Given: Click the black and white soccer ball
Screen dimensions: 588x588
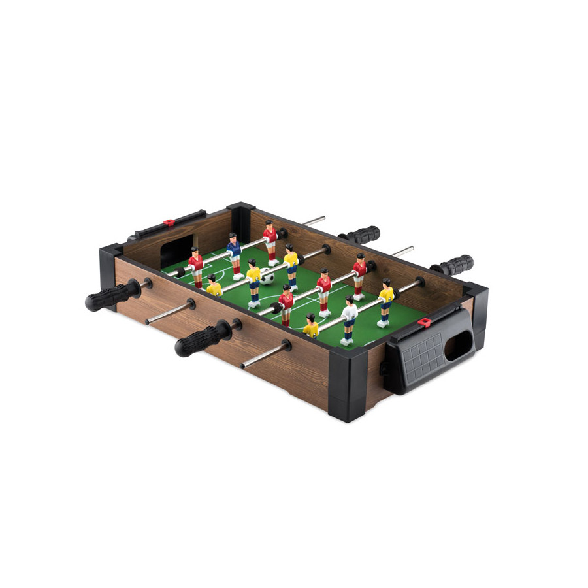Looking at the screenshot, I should pos(268,276).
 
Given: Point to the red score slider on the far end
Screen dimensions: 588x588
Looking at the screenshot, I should pos(169,223).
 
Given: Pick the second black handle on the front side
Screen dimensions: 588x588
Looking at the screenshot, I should pos(201,340).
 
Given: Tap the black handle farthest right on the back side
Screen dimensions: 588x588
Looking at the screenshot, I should pos(453,265).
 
